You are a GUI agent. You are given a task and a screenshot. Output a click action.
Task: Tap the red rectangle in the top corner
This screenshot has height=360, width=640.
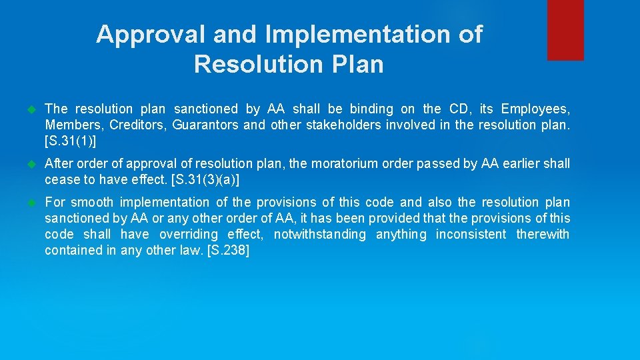[565, 30]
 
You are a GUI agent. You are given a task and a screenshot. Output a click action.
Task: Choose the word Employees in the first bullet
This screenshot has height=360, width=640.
[535, 109]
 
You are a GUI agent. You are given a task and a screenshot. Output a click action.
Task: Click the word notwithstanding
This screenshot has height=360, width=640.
[320, 234]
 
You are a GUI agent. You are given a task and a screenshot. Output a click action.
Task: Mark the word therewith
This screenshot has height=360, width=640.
[543, 234]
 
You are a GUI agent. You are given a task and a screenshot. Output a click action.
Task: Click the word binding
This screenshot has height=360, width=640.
[373, 109]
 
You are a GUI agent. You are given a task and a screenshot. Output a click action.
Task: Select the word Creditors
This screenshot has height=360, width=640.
[139, 125]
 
